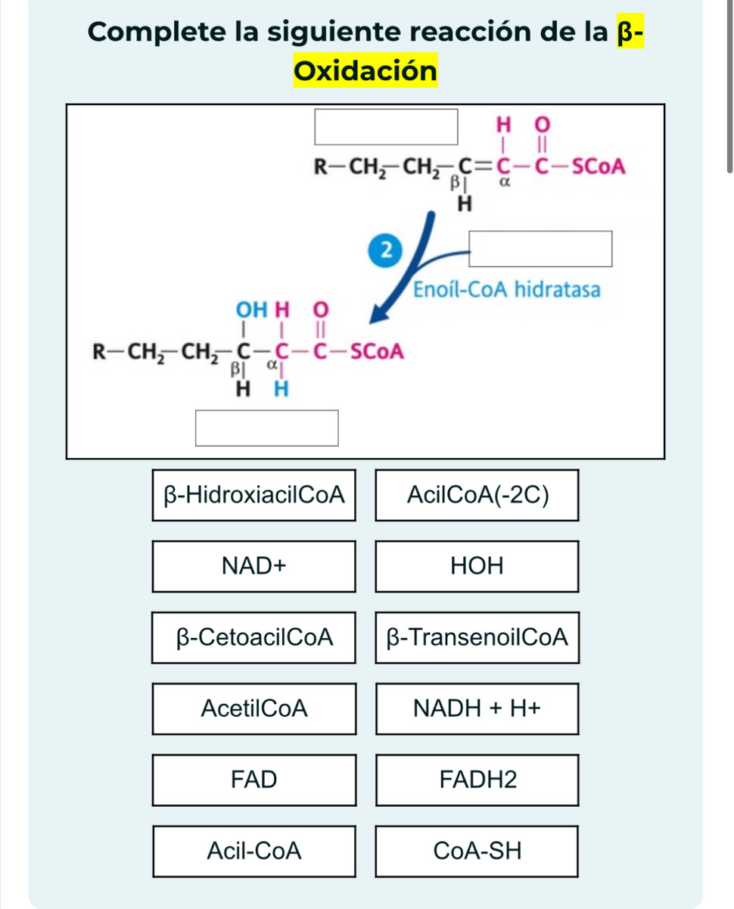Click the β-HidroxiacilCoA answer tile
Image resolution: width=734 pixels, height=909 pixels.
254,496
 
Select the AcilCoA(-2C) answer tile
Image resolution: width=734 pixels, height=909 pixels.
477,496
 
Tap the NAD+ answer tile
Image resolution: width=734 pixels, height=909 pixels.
254,566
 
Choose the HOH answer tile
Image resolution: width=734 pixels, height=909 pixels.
477,566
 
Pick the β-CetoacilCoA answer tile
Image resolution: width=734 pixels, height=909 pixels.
254,637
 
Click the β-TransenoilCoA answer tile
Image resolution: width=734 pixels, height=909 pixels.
477,637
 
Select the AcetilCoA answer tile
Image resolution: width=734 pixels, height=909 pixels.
254,708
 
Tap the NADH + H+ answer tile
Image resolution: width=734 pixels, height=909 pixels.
477,708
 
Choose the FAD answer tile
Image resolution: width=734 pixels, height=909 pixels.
254,780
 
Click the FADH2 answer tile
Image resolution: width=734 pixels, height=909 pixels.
477,780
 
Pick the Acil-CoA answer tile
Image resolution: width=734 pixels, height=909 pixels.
254,851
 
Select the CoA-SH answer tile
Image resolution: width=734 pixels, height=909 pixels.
477,851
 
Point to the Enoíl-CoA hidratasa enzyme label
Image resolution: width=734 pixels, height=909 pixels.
506,290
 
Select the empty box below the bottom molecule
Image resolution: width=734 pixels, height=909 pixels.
266,428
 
